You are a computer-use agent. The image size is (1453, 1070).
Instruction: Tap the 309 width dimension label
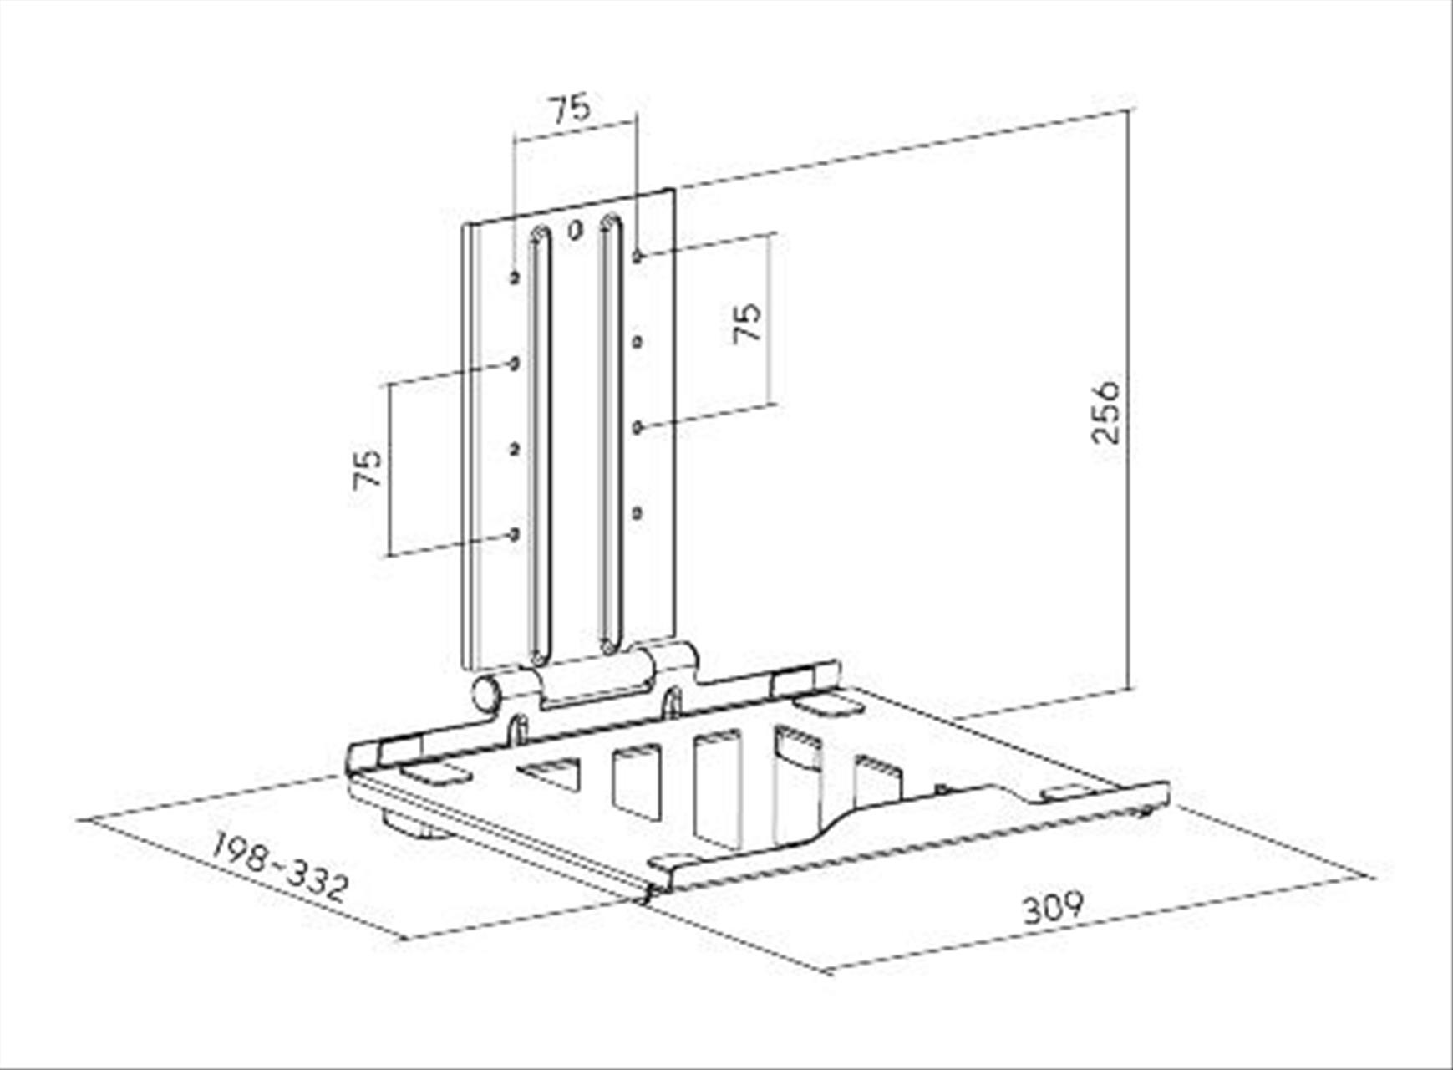(x=1054, y=908)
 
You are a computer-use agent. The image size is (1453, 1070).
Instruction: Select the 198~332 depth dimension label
(x=279, y=866)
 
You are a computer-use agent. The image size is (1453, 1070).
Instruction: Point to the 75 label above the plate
(x=569, y=108)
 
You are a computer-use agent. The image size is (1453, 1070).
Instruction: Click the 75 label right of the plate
(x=747, y=322)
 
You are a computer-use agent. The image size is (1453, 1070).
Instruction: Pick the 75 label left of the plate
(x=368, y=469)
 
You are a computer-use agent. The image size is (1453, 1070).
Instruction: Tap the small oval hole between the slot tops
(x=575, y=230)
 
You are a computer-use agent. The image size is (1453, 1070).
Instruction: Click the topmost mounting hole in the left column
(x=515, y=277)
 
